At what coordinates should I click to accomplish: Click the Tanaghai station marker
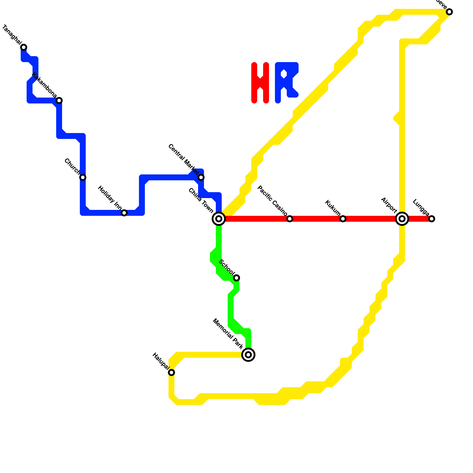pos(24,47)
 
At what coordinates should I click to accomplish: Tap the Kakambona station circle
pos(59,101)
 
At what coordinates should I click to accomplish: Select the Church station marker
pos(83,177)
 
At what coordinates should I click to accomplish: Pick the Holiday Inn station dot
pos(124,213)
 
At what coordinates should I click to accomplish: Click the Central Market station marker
pos(201,177)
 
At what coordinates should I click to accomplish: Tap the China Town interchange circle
pos(219,219)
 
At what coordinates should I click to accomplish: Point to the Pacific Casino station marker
pos(290,219)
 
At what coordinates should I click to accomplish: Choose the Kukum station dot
pos(343,219)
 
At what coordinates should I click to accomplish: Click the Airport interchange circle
pos(402,219)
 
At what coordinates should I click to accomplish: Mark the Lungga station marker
pos(432,219)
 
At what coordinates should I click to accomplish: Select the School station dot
pos(237,278)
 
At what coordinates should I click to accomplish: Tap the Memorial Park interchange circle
pos(248,355)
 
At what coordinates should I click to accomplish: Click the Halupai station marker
pos(171,372)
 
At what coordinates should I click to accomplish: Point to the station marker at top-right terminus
pos(449,12)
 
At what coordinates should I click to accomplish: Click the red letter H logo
pos(260,83)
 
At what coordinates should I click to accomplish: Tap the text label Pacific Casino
pos(272,200)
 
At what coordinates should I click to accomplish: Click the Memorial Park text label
pos(228,333)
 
